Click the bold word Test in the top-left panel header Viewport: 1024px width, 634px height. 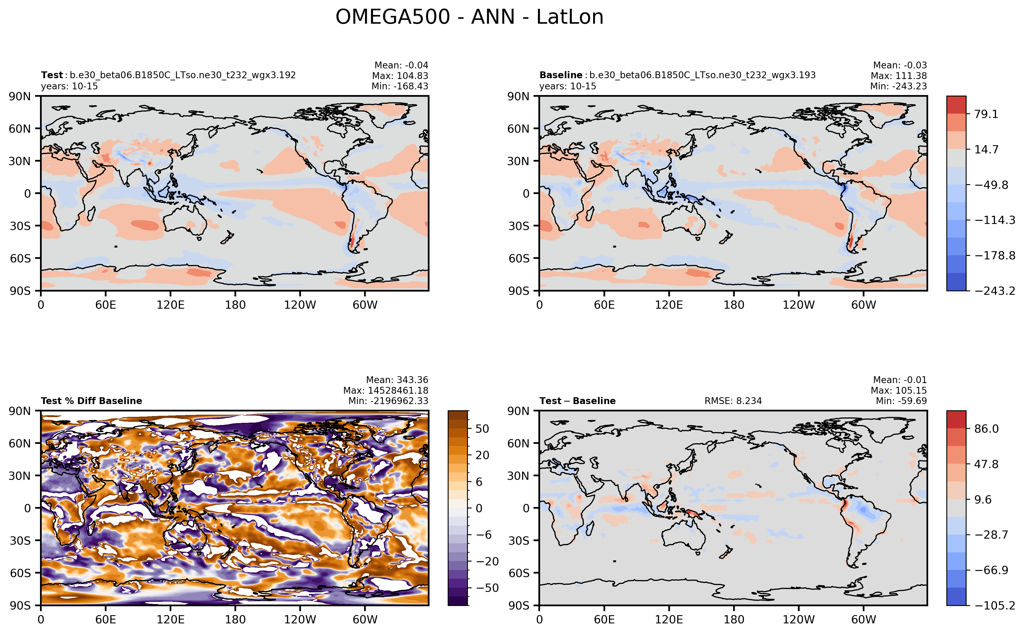click(51, 75)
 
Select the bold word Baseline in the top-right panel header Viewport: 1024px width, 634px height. click(560, 75)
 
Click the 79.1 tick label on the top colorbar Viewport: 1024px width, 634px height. click(986, 114)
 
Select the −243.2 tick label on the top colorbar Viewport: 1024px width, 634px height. click(995, 291)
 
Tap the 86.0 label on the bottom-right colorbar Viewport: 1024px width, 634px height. click(986, 429)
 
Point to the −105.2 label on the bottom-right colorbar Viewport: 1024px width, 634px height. click(995, 605)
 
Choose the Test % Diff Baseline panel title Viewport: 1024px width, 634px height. click(92, 401)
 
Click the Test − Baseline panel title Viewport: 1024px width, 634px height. click(577, 401)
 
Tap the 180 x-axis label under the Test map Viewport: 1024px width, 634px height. click(235, 305)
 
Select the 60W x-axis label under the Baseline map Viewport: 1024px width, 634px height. click(864, 305)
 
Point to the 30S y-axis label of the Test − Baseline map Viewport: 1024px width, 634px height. click(519, 541)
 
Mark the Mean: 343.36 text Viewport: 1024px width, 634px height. click(397, 380)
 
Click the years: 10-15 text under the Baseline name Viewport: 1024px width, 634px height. click(568, 86)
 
